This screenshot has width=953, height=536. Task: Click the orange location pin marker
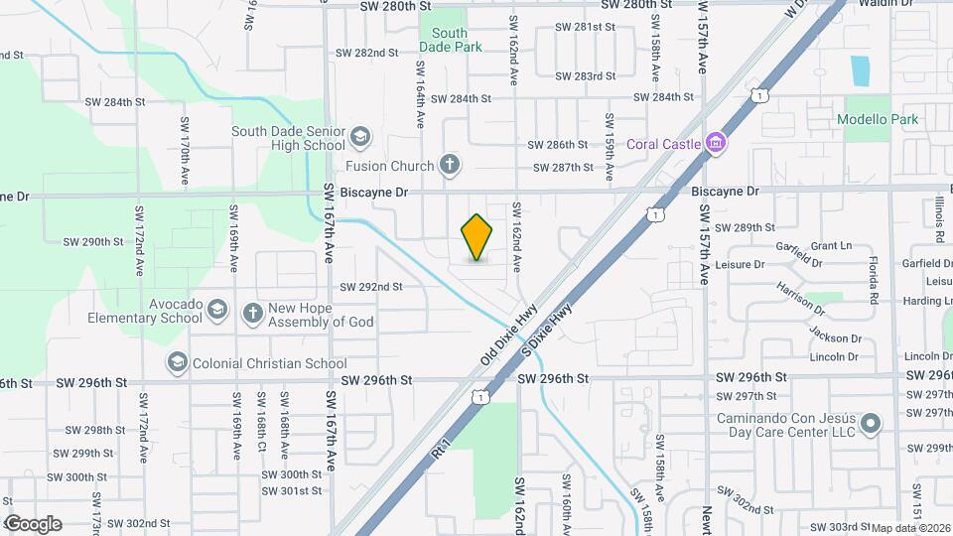tap(476, 237)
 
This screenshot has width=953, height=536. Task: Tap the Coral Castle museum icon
tap(714, 144)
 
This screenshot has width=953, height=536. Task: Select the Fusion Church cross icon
tap(450, 166)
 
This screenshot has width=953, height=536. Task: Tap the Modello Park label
tap(878, 120)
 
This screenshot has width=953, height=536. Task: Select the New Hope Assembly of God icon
tap(252, 314)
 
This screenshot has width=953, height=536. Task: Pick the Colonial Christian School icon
tap(178, 363)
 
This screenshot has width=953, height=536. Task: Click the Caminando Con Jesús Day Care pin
tap(871, 424)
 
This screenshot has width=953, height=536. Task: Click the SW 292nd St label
tap(371, 287)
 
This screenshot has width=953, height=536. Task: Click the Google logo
tap(33, 524)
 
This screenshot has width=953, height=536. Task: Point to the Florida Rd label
tap(875, 282)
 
